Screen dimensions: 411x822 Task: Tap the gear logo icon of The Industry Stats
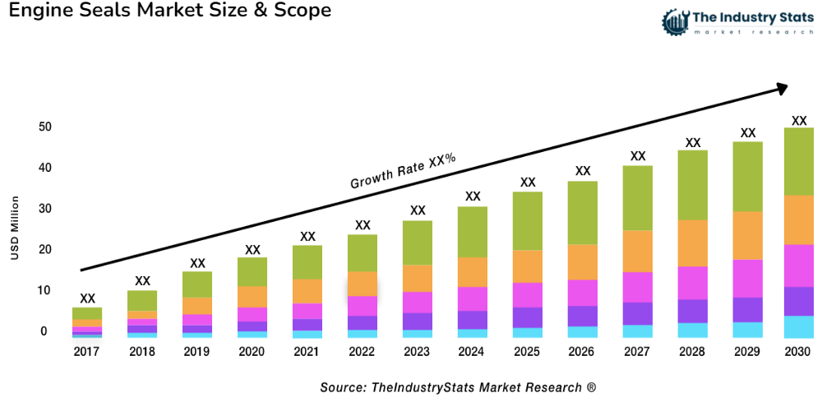[x=674, y=21]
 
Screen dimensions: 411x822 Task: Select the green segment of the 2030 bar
[x=798, y=161]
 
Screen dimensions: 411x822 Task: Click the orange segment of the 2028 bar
[x=692, y=243]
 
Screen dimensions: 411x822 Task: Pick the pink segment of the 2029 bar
[x=747, y=278]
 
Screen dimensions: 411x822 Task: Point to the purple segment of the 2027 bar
[x=637, y=313]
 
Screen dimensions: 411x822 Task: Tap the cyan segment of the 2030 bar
[x=798, y=327]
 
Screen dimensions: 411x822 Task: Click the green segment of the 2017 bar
[x=87, y=313]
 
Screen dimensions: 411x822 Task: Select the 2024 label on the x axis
[x=473, y=352]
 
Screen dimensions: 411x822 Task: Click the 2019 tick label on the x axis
[x=197, y=352]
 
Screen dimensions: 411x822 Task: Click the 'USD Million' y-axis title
[x=15, y=228]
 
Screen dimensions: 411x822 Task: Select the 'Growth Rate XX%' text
[x=403, y=171]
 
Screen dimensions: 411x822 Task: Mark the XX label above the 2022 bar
[x=363, y=224]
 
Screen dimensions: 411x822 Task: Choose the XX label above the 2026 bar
[x=583, y=171]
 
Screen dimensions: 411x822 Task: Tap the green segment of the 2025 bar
[x=528, y=221]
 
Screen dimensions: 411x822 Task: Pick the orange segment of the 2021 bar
[x=307, y=291]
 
